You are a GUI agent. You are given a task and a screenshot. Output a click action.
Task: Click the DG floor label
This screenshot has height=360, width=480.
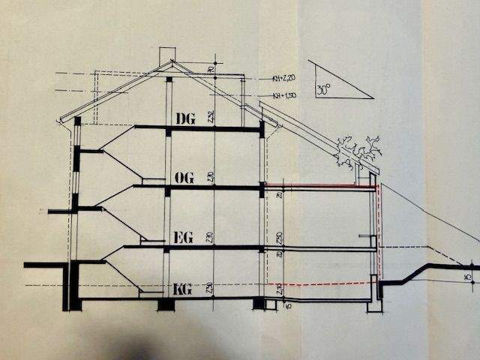[184, 118]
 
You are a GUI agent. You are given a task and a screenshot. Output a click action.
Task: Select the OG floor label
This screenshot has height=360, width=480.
[184, 178]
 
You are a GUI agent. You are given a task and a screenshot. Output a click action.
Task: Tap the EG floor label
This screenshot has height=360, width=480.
[184, 238]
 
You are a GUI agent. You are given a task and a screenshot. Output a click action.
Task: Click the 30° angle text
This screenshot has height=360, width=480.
[323, 87]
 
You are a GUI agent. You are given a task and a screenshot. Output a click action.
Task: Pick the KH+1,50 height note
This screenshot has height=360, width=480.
[283, 95]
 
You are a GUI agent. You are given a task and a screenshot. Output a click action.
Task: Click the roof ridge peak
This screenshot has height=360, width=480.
[171, 62]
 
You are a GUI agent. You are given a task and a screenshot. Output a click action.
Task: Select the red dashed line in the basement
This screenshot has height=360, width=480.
[322, 283]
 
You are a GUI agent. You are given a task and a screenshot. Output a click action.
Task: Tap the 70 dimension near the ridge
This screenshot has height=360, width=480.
[212, 69]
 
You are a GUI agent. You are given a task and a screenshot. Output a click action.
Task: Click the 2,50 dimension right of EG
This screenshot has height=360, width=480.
[279, 238]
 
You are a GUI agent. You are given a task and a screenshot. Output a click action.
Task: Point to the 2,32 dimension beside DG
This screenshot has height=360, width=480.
[212, 116]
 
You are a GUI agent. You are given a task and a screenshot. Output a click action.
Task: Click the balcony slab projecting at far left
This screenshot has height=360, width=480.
[61, 211]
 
